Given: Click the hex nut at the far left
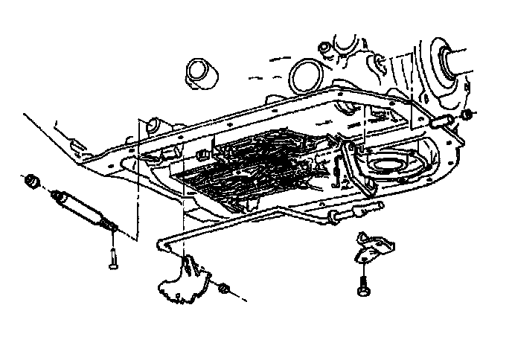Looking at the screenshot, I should coord(31,180).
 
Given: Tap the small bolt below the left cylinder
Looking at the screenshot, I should coord(112,256).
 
